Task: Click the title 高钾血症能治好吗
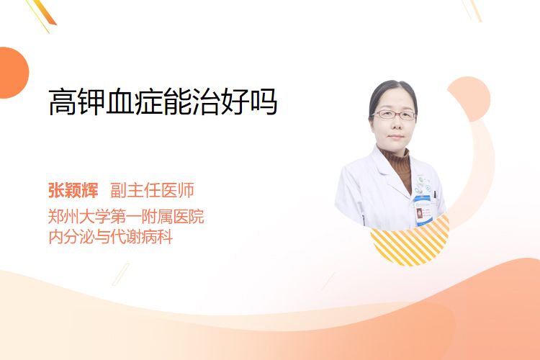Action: [163, 102]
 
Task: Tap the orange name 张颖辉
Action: [73, 190]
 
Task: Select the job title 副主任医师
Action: [152, 190]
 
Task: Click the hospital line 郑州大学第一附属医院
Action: [126, 217]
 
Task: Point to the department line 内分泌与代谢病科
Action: [111, 237]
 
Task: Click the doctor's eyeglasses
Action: [394, 114]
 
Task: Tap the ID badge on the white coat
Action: [423, 210]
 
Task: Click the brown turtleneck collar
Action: [396, 159]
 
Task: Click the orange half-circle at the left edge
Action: [13, 73]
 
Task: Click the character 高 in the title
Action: [63, 102]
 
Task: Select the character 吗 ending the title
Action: [264, 102]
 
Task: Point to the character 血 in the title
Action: [120, 102]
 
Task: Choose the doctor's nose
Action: [395, 125]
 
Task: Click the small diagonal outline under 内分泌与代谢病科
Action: [121, 274]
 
